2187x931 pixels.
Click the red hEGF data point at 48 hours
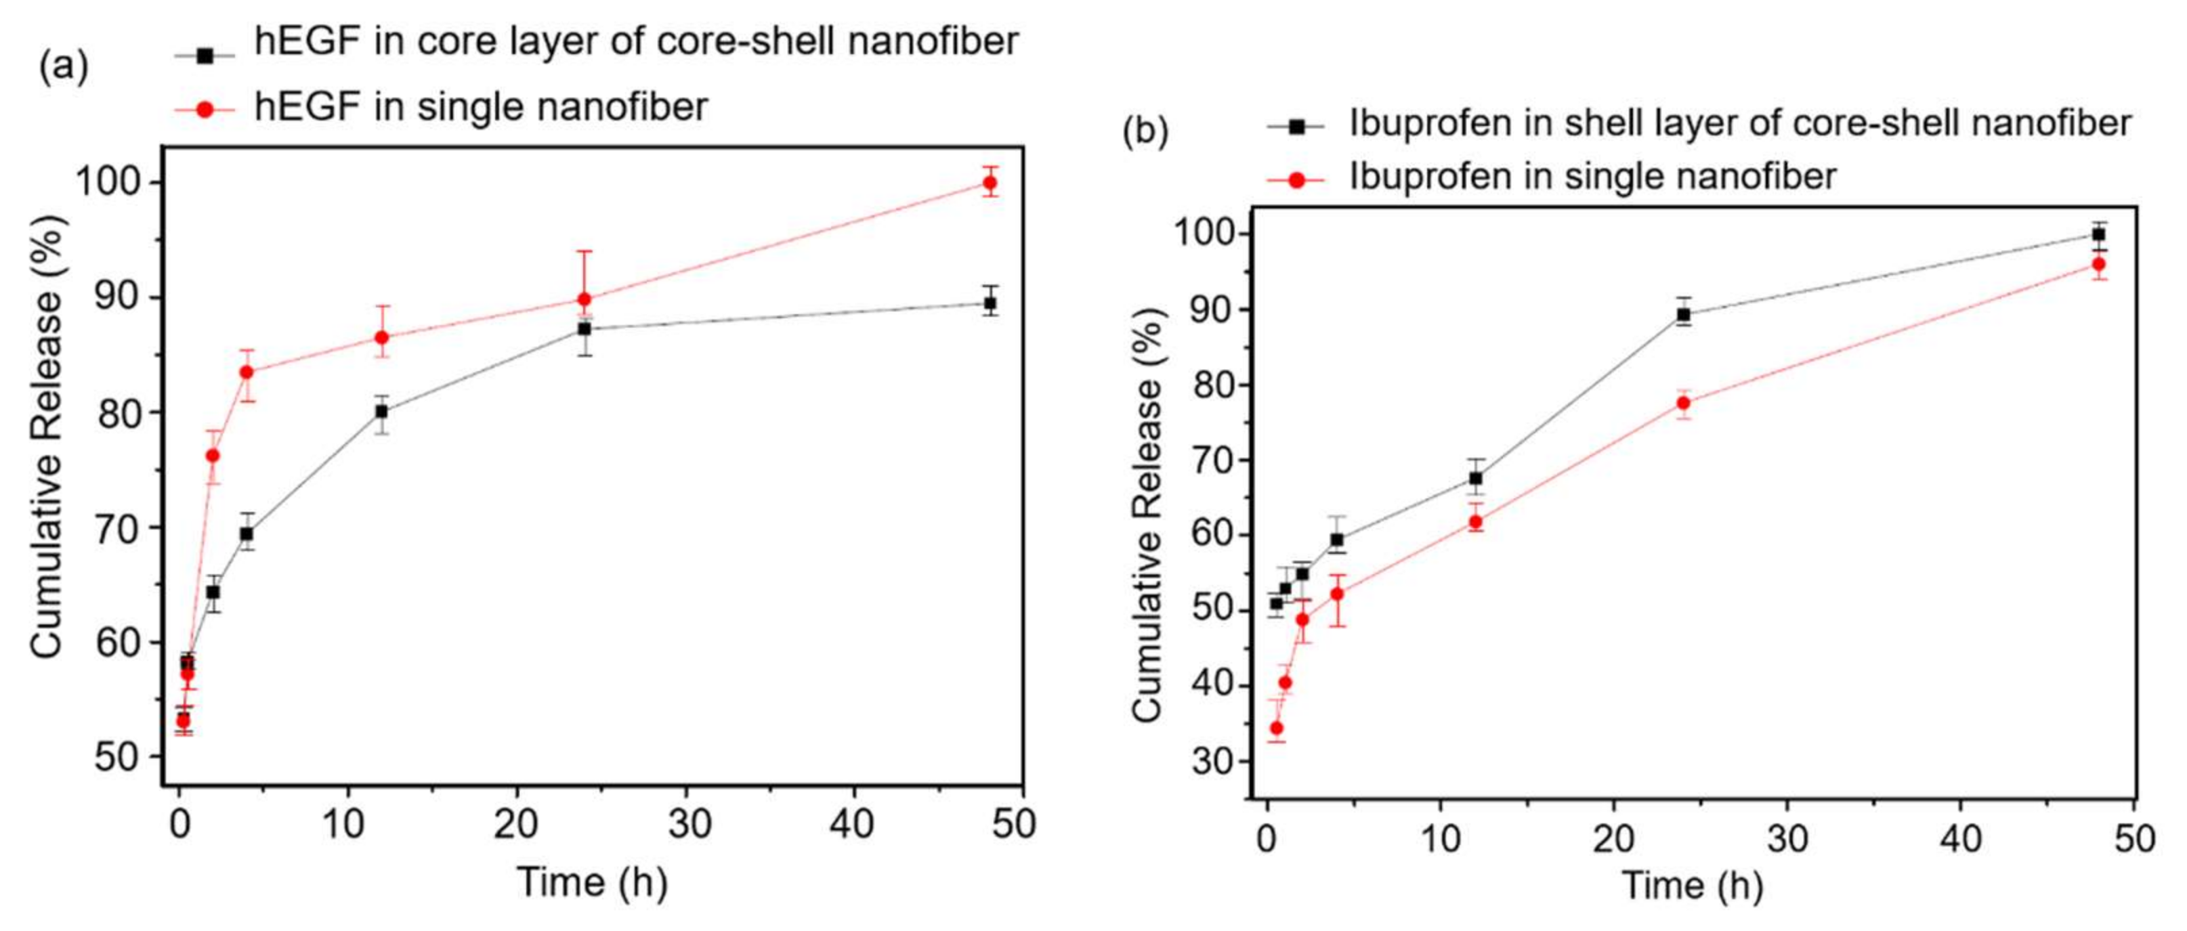tap(989, 182)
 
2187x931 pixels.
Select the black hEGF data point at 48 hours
tap(989, 303)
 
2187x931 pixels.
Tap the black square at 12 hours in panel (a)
tap(381, 412)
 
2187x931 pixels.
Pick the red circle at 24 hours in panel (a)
tap(584, 299)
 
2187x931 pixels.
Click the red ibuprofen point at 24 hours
tap(1684, 403)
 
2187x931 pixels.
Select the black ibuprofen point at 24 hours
tap(1684, 314)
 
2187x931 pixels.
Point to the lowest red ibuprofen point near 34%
tap(1276, 728)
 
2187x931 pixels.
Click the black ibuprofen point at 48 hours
tap(2099, 235)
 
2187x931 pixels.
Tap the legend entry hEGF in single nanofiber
tap(480, 108)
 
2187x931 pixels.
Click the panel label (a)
tap(64, 67)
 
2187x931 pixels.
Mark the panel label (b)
tap(1145, 131)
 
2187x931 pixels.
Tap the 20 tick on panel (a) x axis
tap(515, 823)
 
